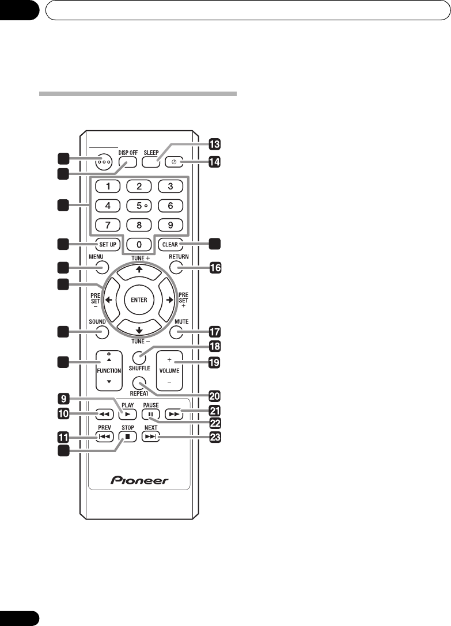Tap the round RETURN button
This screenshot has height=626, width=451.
(x=178, y=267)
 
